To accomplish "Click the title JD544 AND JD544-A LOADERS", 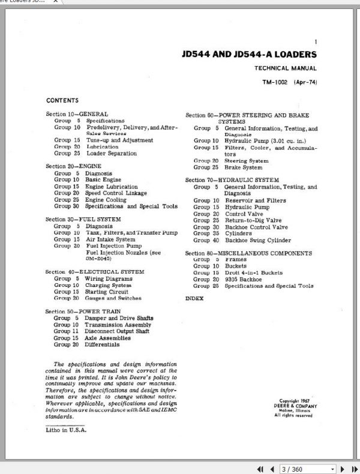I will pos(249,55).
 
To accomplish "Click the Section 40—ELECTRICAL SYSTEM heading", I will pos(95,271).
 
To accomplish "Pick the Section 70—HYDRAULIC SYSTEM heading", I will pos(232,180).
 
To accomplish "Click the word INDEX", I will pos(194,298).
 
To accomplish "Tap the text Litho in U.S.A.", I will pos(66,430).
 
